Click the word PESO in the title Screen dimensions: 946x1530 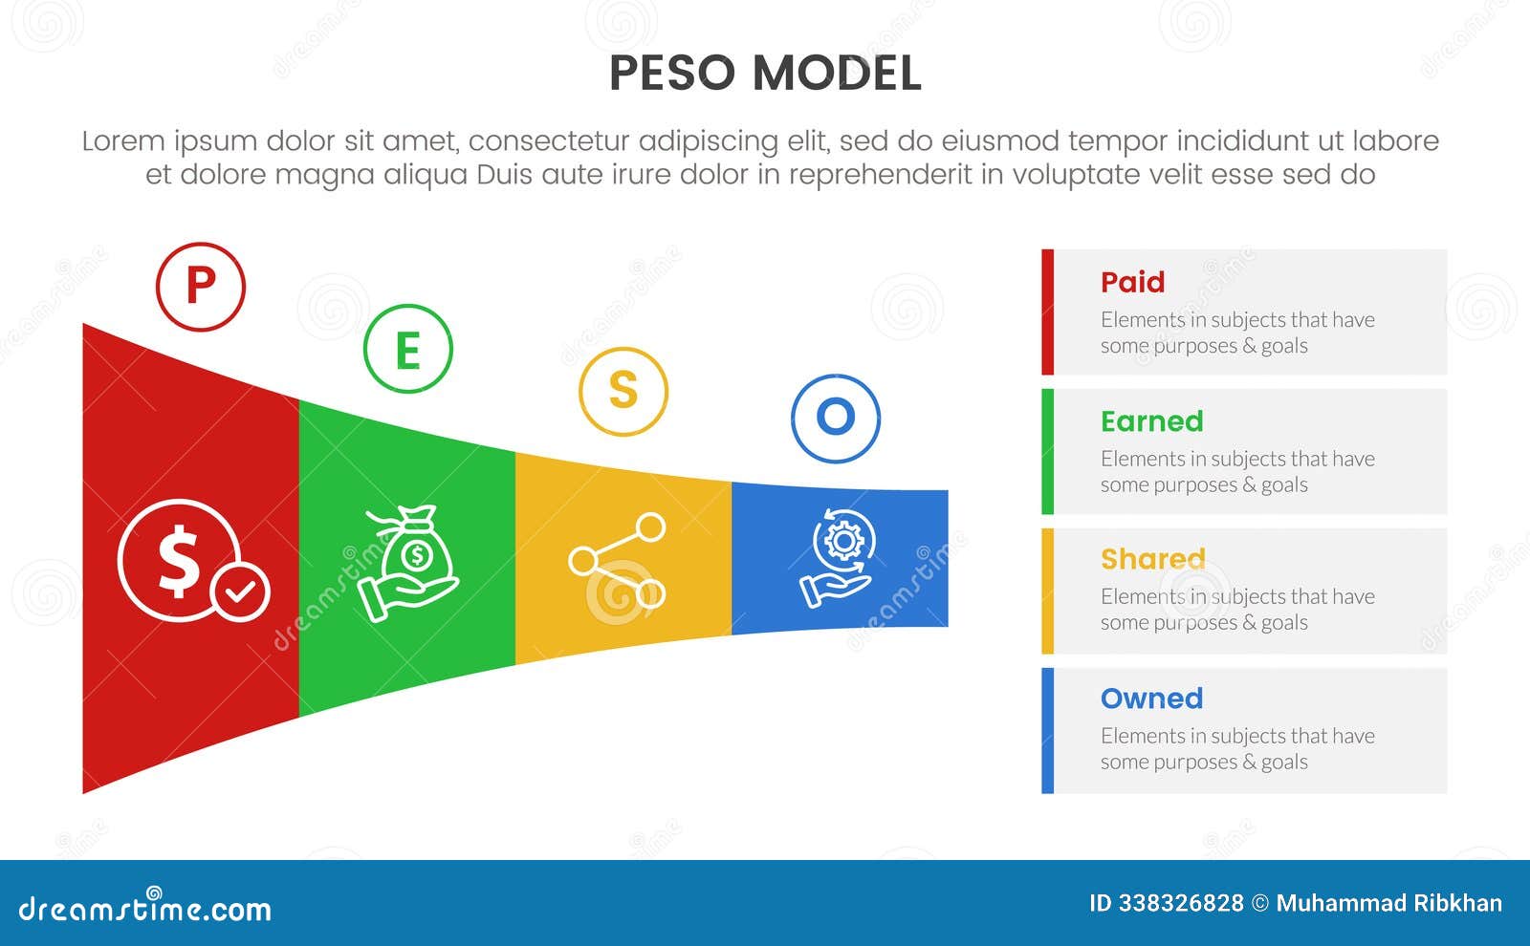[672, 74]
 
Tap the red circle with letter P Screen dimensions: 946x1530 [201, 287]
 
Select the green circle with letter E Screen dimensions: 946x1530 [407, 350]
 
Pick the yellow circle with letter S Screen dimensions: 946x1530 [623, 391]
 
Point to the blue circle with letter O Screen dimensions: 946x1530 [836, 418]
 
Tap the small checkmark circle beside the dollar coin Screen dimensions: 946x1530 [241, 592]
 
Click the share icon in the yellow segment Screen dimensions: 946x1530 [618, 561]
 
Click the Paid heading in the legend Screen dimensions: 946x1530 [1132, 282]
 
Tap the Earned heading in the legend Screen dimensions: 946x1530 [1151, 421]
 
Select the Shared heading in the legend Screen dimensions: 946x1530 [1152, 559]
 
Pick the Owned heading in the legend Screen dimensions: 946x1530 [1151, 699]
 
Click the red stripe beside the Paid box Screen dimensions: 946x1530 [1047, 312]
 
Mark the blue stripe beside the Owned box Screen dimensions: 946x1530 [1047, 730]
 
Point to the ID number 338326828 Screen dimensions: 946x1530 [1181, 903]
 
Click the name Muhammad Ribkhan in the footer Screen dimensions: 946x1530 [1388, 903]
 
